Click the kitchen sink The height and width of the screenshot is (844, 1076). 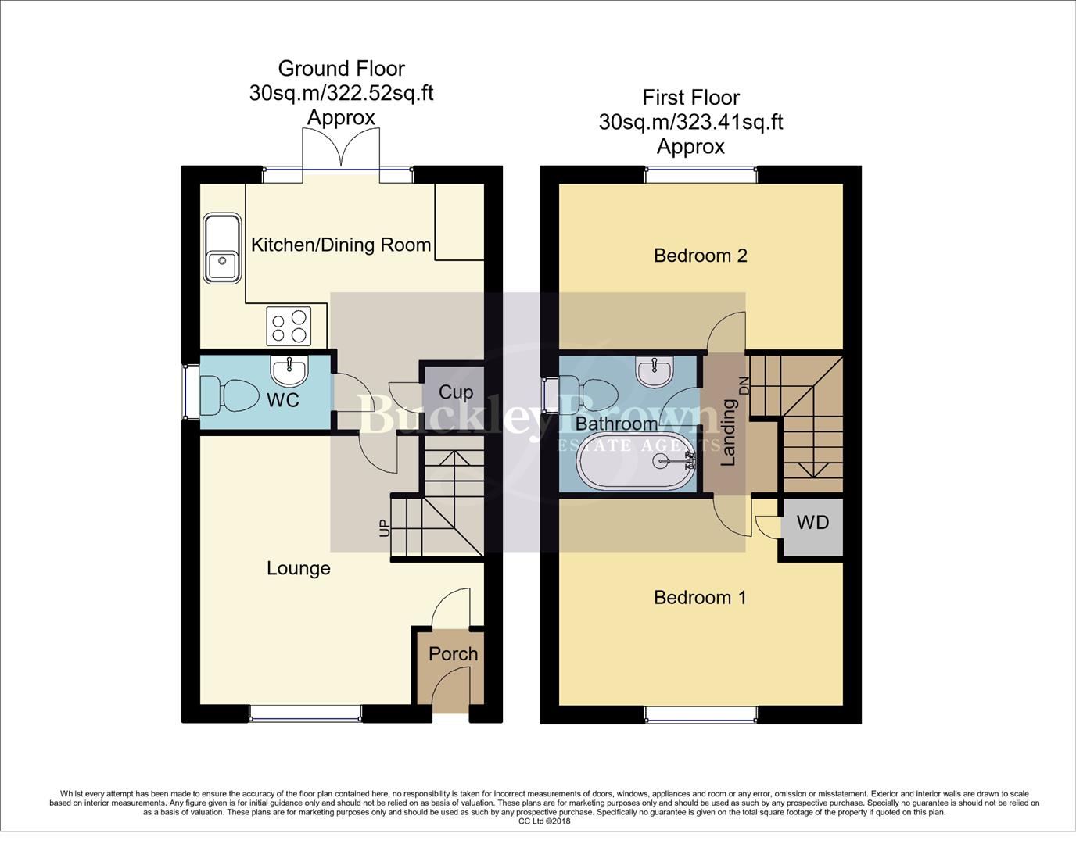click(x=222, y=249)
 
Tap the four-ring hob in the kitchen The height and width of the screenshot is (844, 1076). click(x=289, y=327)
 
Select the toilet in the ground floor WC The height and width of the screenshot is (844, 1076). click(x=230, y=395)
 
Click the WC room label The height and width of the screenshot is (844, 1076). click(x=282, y=400)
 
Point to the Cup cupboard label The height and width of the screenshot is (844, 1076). click(x=455, y=392)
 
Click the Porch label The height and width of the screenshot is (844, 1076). click(x=453, y=653)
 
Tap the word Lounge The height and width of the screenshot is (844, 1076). click(x=298, y=568)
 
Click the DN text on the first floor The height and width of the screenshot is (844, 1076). click(x=744, y=385)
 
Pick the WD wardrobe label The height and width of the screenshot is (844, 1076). click(x=812, y=522)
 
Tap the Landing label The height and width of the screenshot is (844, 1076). click(x=728, y=432)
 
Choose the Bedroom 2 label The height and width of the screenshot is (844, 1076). click(x=700, y=256)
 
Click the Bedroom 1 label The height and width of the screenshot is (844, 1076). click(x=700, y=598)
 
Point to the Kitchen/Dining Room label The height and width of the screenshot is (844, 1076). click(x=341, y=245)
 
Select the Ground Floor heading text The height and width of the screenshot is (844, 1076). click(x=341, y=69)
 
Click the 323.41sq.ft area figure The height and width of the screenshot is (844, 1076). click(x=730, y=122)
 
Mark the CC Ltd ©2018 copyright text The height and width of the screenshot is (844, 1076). click(x=544, y=821)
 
